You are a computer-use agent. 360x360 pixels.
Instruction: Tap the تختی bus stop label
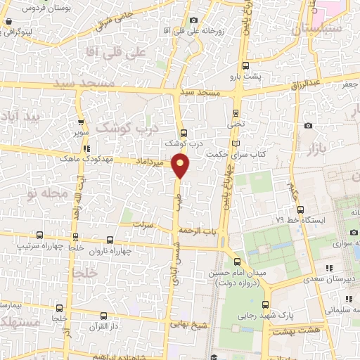(x=236, y=122)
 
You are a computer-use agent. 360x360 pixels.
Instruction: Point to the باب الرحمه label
(x=198, y=231)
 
